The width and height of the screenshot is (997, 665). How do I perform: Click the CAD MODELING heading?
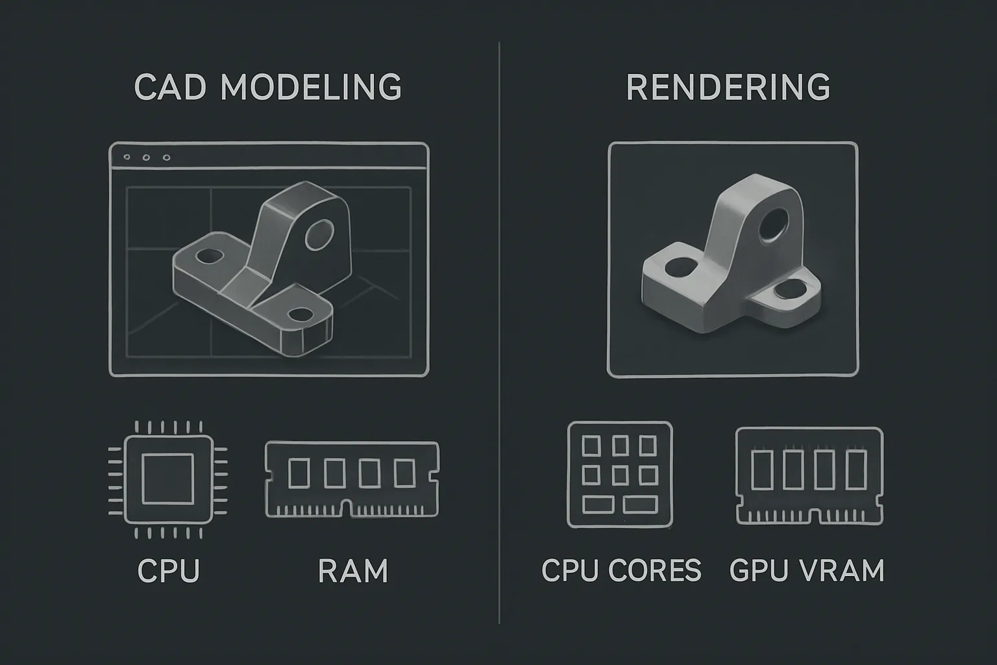[x=268, y=86]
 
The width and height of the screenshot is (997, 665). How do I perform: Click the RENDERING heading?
[x=728, y=87]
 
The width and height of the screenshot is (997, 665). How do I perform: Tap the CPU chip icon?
[x=168, y=479]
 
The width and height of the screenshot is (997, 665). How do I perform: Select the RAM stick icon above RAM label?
[x=352, y=479]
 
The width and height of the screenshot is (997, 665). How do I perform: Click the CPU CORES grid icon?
[x=620, y=475]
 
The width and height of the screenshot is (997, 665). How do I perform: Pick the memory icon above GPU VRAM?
[x=809, y=476]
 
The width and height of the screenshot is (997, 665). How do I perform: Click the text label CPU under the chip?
[x=169, y=571]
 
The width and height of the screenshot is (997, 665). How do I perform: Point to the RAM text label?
[x=353, y=571]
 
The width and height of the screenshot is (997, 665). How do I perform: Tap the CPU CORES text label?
[x=621, y=570]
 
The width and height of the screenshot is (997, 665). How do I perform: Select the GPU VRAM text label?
[x=807, y=570]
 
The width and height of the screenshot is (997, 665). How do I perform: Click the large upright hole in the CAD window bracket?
[x=319, y=234]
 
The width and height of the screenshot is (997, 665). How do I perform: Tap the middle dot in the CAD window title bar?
[x=146, y=158]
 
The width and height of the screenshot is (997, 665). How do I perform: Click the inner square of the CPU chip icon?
[x=168, y=479]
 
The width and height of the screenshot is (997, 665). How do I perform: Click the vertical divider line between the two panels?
[x=499, y=332]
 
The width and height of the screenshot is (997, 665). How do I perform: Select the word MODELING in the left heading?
[x=311, y=86]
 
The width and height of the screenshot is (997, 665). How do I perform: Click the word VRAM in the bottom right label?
[x=843, y=570]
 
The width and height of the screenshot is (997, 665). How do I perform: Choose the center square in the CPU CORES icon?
[x=620, y=475]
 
